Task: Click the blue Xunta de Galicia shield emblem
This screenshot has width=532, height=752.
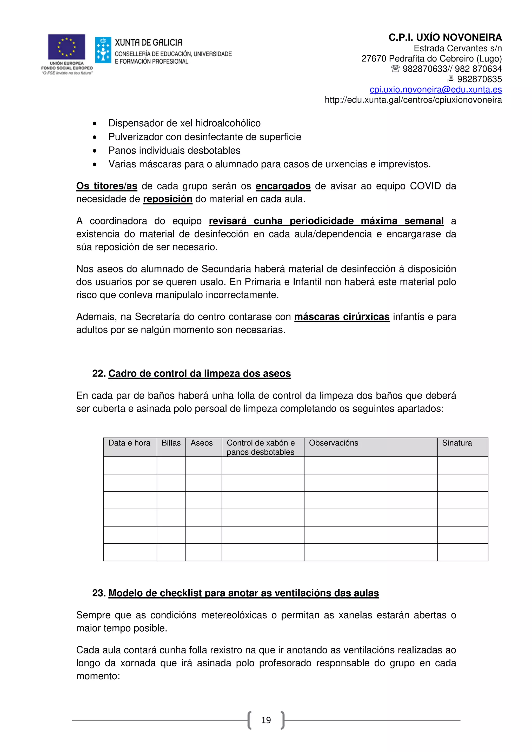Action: coord(103,50)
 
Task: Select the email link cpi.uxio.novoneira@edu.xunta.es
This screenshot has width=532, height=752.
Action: coord(436,90)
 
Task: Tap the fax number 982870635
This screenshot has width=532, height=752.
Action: coord(479,79)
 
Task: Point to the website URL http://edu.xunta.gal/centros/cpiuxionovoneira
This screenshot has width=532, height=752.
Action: coord(413,100)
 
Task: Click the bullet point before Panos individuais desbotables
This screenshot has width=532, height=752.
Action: coord(95,151)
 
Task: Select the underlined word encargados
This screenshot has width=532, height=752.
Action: coord(283,186)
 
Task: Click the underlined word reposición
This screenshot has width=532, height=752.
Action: coord(168,199)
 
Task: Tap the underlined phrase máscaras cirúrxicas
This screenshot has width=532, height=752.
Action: coord(342,317)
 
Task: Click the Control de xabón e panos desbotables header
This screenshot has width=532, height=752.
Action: coord(261,447)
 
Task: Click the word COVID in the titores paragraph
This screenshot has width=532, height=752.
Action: coord(425,186)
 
